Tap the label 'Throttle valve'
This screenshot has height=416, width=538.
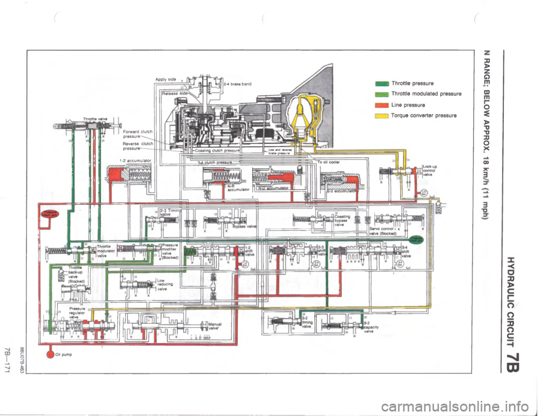tap(94, 118)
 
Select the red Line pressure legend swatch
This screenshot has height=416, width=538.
tap(383, 104)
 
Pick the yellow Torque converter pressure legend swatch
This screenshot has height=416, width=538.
tap(383, 115)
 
